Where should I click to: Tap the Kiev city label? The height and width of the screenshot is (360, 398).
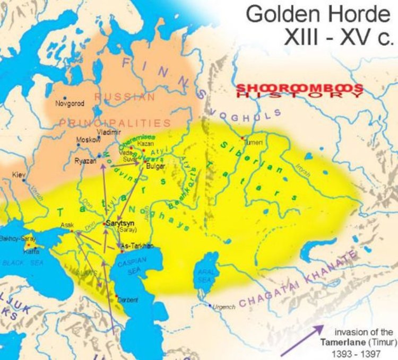pos(19,174)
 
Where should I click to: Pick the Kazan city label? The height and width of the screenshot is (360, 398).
pos(145,144)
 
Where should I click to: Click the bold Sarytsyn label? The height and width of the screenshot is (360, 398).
pos(120,223)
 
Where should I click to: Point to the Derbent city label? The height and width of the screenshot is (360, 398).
pos(128,300)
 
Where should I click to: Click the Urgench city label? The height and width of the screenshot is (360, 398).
pos(224,306)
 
